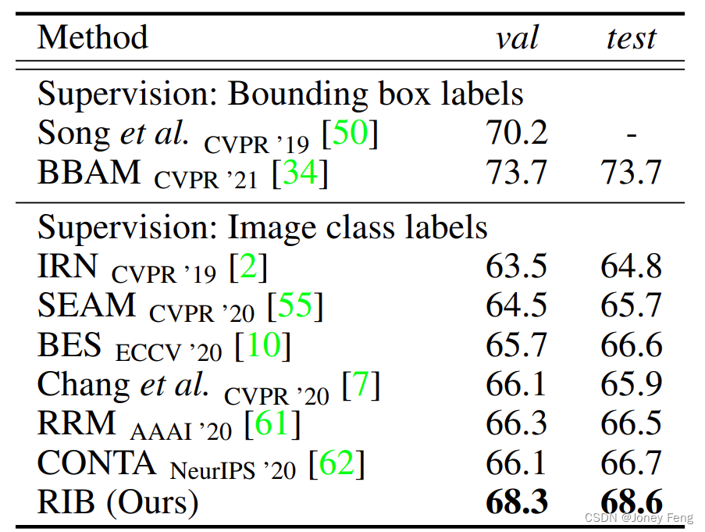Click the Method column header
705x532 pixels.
92,37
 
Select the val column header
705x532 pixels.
516,37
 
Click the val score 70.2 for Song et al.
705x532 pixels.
516,134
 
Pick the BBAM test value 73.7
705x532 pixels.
631,173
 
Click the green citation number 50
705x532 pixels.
350,134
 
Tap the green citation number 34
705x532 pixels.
300,173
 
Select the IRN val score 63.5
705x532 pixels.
516,267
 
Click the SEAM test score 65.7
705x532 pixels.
631,305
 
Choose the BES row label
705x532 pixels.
69,345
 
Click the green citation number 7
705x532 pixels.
361,384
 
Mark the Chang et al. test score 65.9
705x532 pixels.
631,384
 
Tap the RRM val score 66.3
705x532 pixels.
516,423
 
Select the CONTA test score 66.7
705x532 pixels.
631,463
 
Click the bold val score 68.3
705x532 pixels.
516,502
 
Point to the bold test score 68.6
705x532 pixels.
631,502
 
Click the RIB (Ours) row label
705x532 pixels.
117,502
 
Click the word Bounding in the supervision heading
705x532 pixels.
294,95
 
